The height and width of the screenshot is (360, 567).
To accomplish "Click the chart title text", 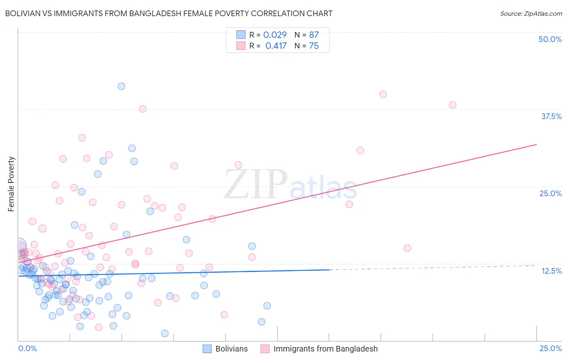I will tap(169, 13).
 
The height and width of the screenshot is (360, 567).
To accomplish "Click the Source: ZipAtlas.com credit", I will tap(531, 13).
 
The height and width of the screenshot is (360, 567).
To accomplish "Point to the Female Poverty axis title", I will tap(11, 184).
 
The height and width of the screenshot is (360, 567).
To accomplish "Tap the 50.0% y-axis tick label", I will tap(550, 39).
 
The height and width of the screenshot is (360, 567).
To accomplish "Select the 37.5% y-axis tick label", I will tap(551, 116).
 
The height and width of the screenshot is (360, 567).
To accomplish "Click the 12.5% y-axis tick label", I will tap(551, 271).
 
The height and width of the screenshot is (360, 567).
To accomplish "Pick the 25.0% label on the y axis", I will tap(550, 193).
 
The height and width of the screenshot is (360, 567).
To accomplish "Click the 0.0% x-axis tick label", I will tap(27, 348).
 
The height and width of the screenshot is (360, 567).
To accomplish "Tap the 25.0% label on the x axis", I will tap(550, 348).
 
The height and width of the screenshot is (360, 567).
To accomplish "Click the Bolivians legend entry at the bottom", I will tap(231, 349).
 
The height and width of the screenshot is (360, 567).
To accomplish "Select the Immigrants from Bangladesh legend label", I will tap(325, 349).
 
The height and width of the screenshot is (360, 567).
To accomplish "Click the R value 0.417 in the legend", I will tap(276, 46).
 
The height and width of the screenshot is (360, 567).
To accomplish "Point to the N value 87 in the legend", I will tap(314, 35).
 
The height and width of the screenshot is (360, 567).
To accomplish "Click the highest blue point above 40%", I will tap(121, 86).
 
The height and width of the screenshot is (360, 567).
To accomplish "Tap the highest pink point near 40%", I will tap(383, 94).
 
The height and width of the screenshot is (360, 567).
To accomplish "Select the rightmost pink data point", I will tap(452, 105).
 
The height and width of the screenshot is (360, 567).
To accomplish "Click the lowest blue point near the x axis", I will tap(165, 333).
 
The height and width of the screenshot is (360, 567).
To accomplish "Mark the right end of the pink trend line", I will tap(536, 144).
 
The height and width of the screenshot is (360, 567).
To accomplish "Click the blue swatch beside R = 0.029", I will tap(241, 35).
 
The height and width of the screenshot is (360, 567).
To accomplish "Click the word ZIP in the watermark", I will tap(256, 184).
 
